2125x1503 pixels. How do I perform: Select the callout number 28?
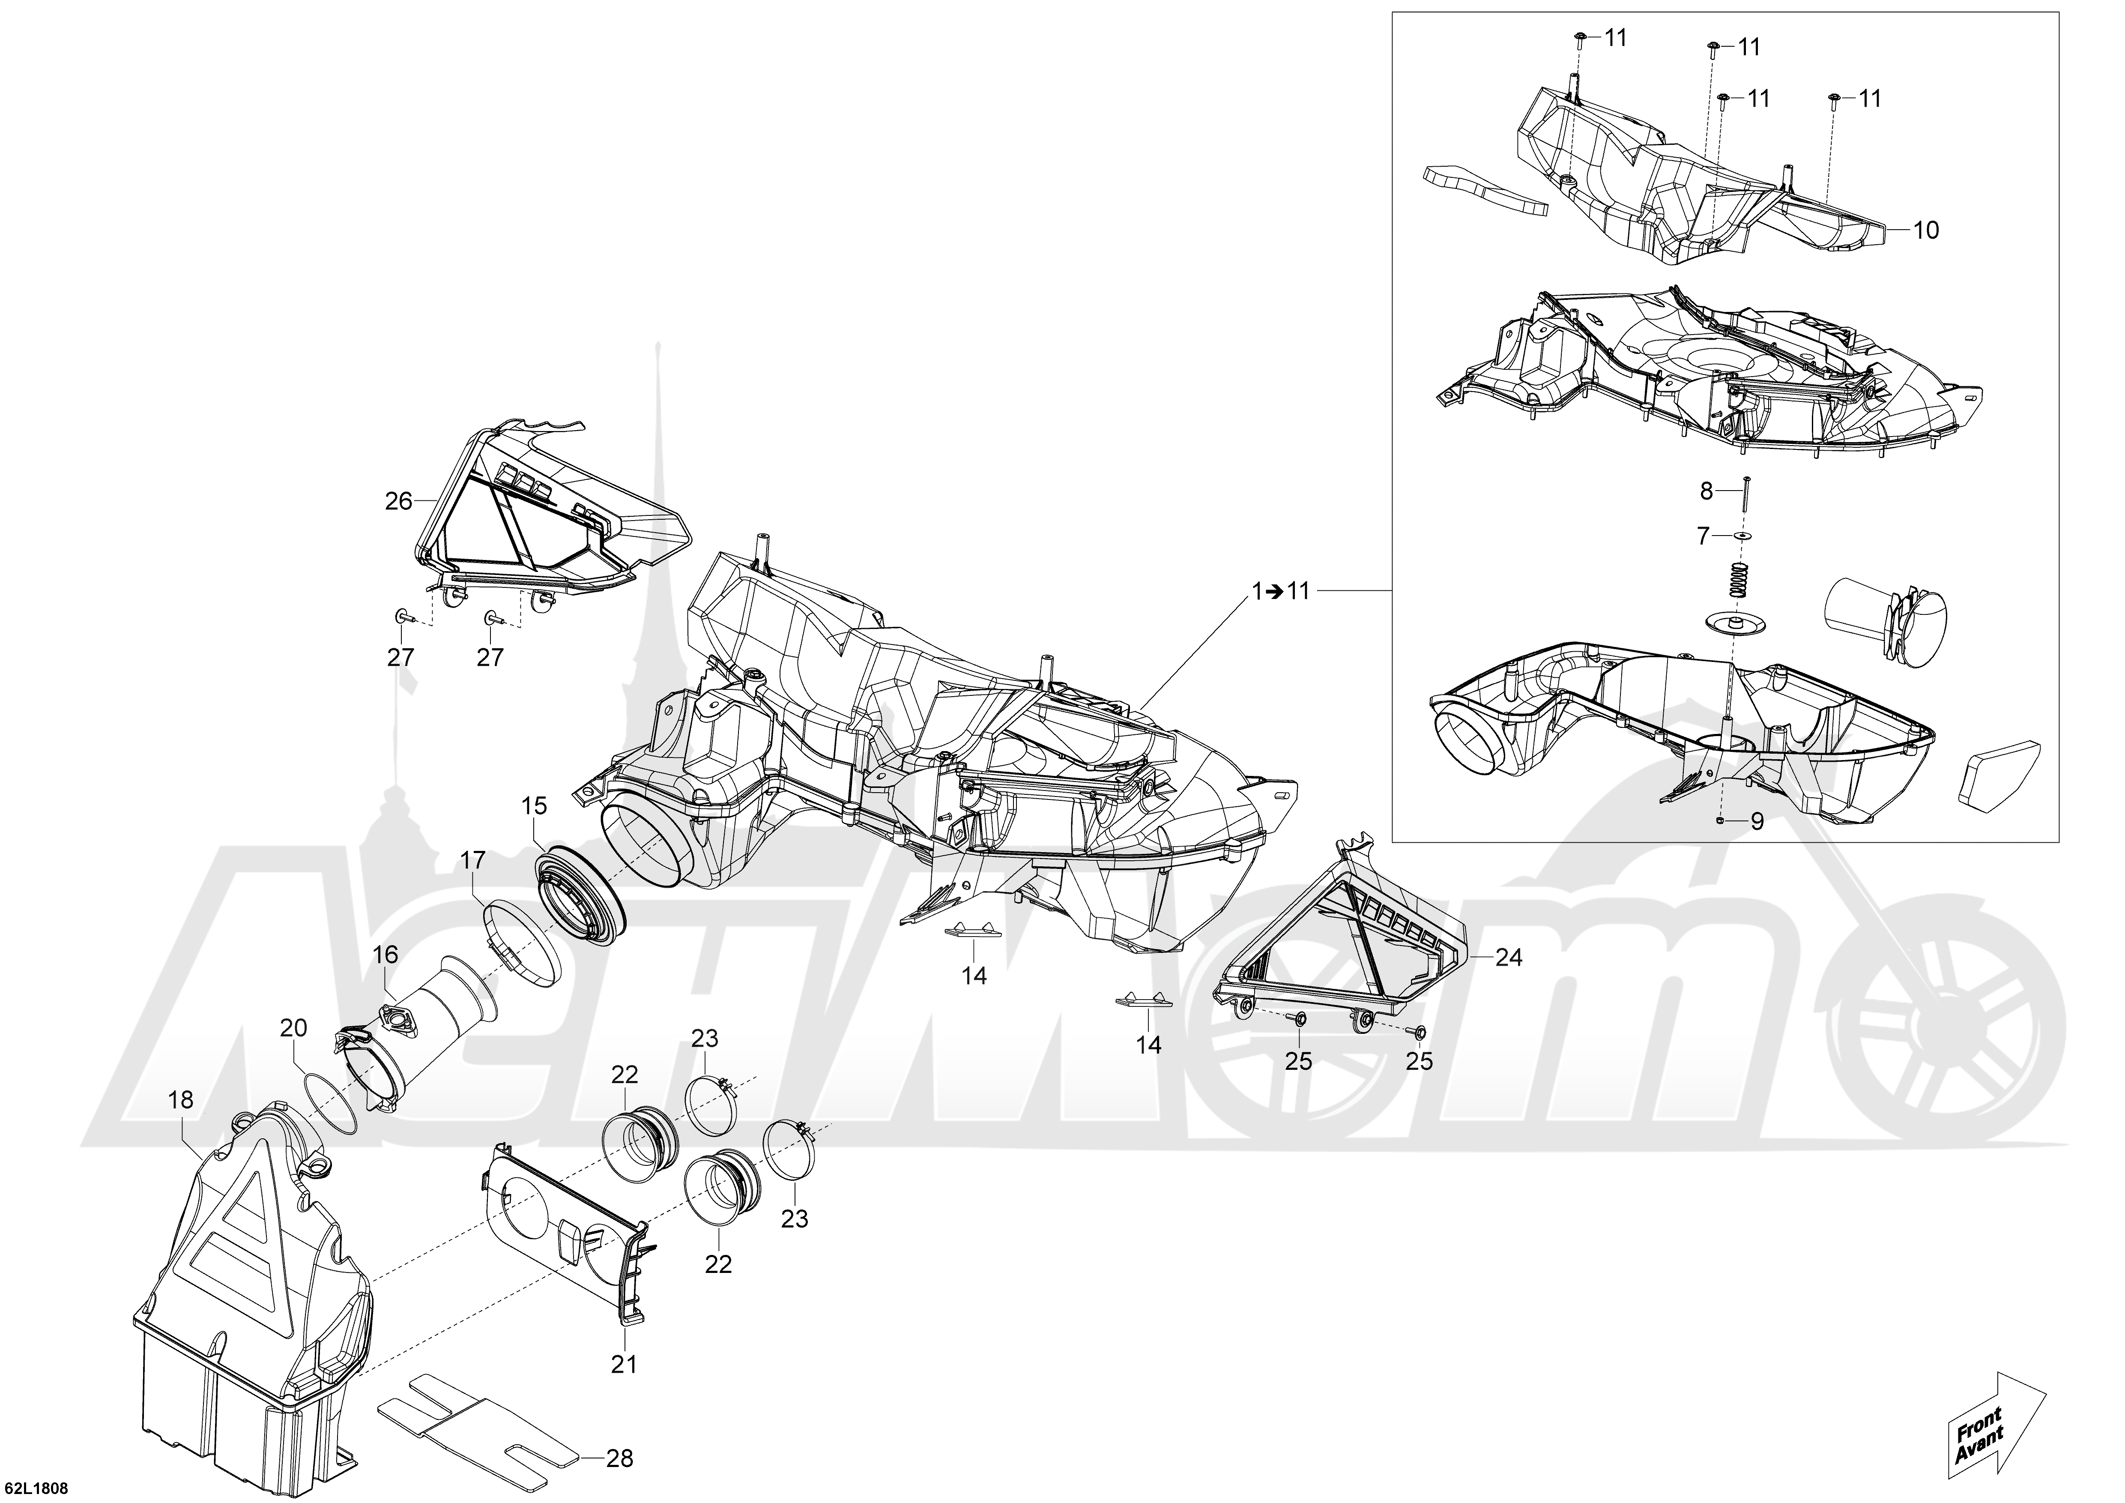(x=619, y=1458)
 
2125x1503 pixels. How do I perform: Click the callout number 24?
(x=1509, y=958)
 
